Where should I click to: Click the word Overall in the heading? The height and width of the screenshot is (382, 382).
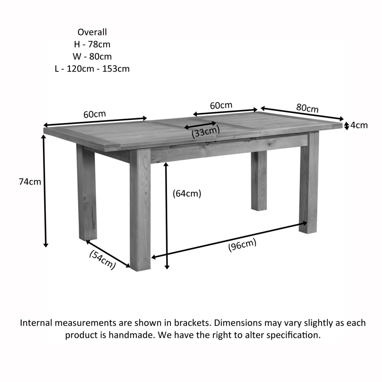92,32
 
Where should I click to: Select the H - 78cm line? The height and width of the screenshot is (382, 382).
92,44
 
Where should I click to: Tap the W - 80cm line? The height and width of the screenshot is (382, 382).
92,57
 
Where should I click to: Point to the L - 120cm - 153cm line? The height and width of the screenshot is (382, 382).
92,69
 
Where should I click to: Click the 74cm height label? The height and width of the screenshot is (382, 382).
30,182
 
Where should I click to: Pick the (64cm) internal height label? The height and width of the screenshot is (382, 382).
187,194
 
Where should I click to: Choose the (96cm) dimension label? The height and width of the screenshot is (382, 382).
242,245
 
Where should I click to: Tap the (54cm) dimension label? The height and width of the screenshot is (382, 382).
102,260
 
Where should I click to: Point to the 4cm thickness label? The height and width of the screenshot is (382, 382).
359,125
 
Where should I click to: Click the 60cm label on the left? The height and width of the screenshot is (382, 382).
95,114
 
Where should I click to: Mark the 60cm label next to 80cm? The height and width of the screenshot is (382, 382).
221,105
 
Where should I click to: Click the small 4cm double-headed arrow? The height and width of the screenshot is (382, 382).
347,126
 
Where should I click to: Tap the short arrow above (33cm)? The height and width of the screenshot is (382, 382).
200,125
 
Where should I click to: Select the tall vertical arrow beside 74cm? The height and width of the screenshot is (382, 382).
45,191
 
